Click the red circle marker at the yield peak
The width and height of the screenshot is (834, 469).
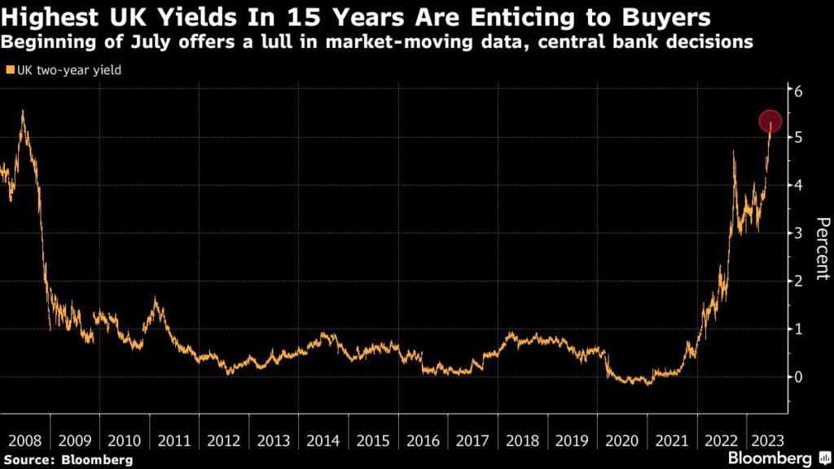[x=770, y=121]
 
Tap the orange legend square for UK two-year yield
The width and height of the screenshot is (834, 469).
[x=10, y=70]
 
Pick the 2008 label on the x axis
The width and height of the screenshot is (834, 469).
[x=24, y=441]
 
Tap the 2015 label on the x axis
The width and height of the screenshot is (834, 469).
[x=373, y=441]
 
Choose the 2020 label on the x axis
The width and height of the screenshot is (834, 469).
[x=621, y=441]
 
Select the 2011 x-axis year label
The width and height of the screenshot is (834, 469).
[x=173, y=441]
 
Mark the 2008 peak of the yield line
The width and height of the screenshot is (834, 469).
[x=22, y=112]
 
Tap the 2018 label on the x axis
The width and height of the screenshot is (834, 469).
[x=522, y=441]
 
